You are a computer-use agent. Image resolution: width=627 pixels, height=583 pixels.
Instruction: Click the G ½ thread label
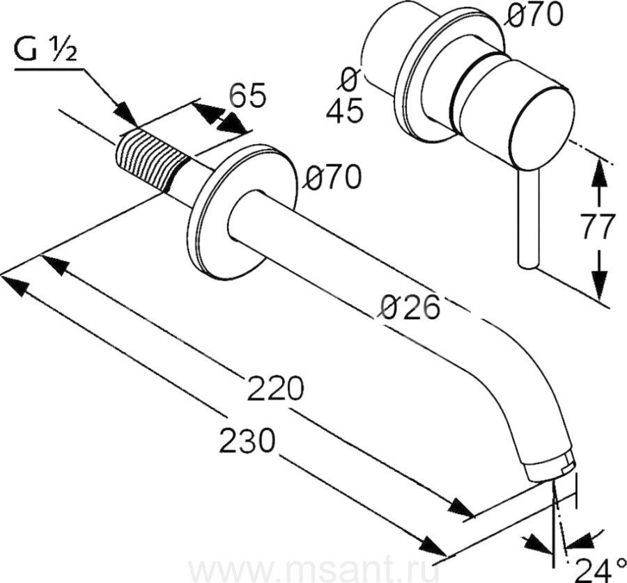[x=45, y=51]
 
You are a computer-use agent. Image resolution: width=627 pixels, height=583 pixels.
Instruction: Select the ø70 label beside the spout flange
[x=332, y=177]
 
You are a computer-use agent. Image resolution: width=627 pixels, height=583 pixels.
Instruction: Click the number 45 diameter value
[x=345, y=109]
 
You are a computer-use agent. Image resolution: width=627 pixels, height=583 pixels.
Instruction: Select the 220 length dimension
[x=275, y=388]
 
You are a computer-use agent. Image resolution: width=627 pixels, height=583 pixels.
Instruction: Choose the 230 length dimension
[x=248, y=441]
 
